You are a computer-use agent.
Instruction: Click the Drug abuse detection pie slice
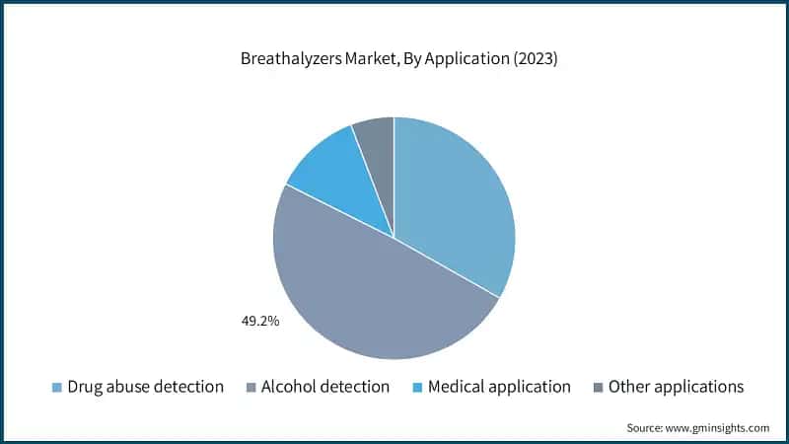coord(454,197)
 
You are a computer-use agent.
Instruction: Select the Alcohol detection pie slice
coord(375,296)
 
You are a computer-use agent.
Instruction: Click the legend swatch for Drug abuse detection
coord(57,387)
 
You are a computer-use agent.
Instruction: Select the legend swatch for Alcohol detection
coord(251,387)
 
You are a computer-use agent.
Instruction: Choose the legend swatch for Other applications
coord(598,387)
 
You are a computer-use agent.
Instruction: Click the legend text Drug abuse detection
coord(145,387)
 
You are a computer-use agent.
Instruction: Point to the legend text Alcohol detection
coord(325,387)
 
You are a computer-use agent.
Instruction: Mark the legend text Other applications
coord(676,387)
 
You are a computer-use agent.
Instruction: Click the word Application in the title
coord(466,59)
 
